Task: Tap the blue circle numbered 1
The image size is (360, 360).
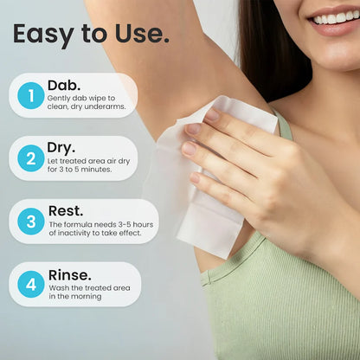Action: (x=30, y=95)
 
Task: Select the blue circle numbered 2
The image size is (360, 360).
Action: (x=30, y=158)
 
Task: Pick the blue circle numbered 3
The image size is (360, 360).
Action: (x=30, y=222)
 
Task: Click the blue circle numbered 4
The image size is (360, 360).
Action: (x=30, y=285)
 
